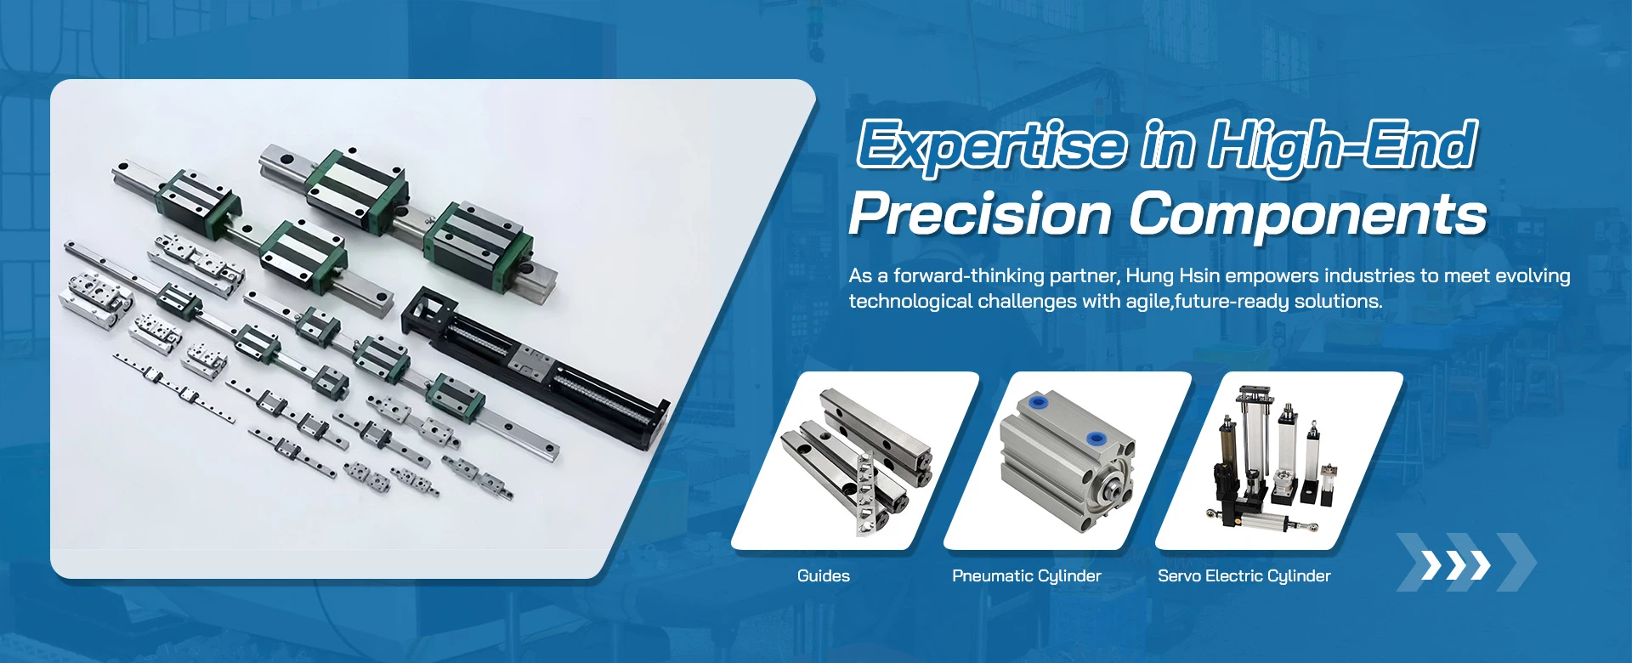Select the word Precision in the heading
click(x=981, y=214)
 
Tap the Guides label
click(x=824, y=575)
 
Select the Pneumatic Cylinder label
click(x=1027, y=576)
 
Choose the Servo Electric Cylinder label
click(x=1244, y=576)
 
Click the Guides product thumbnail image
click(x=856, y=461)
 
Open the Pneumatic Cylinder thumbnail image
click(x=1068, y=461)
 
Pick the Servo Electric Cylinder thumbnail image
click(x=1279, y=461)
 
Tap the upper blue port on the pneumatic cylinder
click(x=1037, y=402)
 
